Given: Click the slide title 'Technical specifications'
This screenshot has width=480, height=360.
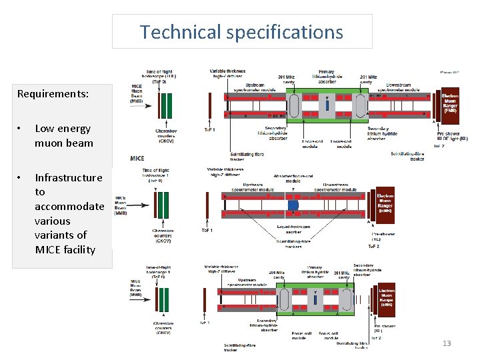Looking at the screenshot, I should click(241, 32).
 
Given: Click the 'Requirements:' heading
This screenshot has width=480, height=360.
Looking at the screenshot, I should click(53, 94).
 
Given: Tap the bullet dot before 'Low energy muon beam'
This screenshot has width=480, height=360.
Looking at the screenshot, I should click(21, 129).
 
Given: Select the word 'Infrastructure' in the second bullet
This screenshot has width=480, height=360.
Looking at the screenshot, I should click(69, 177).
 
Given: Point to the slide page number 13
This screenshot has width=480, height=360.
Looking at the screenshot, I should click(447, 343).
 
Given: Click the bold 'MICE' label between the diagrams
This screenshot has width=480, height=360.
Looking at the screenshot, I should click(137, 158).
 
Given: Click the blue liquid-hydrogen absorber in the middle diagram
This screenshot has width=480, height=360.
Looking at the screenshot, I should click(293, 206).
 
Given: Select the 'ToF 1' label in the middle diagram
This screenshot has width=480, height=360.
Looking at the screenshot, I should click(207, 230).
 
